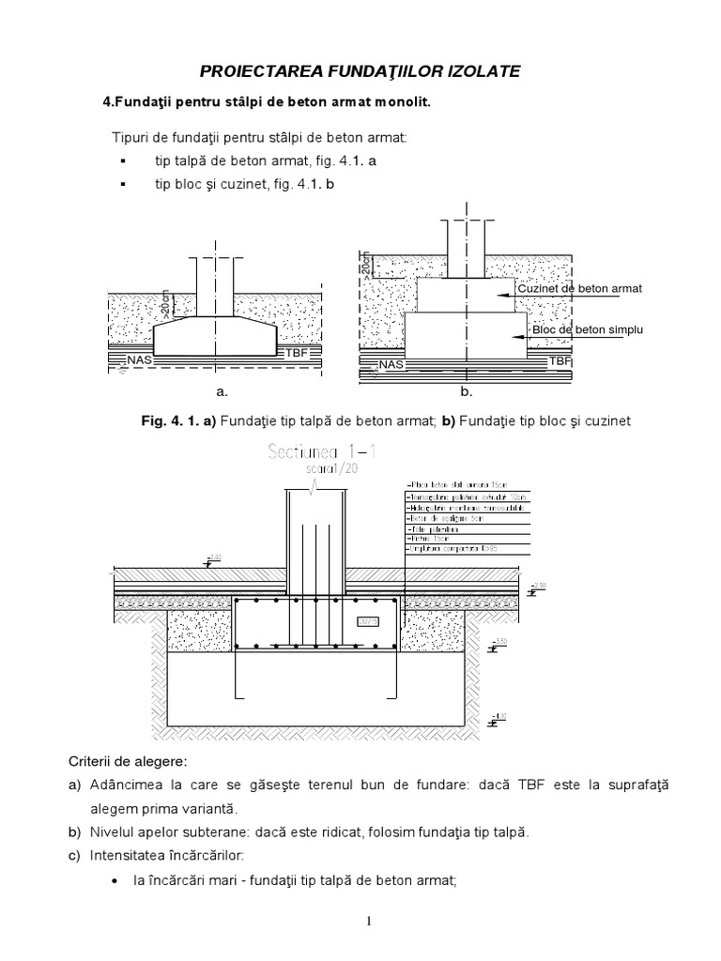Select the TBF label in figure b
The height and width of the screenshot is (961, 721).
click(560, 360)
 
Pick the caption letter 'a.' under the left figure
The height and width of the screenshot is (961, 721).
click(222, 390)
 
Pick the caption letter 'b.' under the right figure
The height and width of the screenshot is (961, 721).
click(467, 390)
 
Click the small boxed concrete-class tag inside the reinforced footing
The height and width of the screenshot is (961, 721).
click(369, 621)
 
